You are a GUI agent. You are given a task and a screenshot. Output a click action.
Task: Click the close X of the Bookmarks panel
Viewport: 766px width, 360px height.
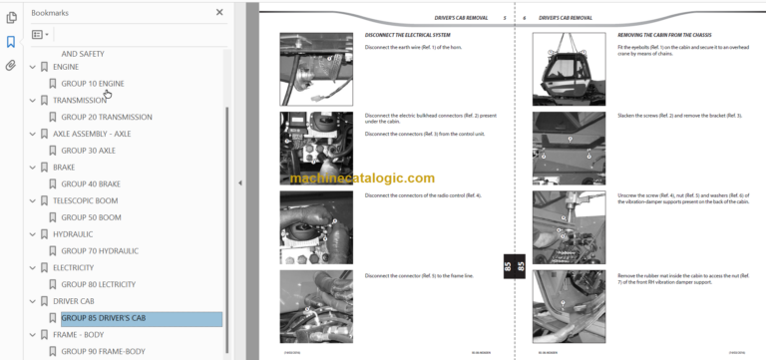click(x=219, y=13)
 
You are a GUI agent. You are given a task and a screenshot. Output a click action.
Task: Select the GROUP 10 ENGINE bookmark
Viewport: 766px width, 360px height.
click(x=93, y=84)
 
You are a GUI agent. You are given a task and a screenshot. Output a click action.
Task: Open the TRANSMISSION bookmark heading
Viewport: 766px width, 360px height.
click(x=79, y=101)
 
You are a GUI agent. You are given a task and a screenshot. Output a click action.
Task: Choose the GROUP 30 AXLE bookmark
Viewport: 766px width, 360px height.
click(x=88, y=151)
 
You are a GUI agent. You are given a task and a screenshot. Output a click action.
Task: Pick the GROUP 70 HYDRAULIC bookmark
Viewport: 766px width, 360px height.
click(x=100, y=251)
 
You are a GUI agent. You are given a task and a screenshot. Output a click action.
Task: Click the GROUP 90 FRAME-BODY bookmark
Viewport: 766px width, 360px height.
click(x=103, y=352)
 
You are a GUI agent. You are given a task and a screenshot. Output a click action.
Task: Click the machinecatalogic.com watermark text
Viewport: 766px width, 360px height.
click(x=362, y=179)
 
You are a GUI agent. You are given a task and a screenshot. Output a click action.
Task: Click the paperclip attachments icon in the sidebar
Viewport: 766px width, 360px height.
click(x=10, y=66)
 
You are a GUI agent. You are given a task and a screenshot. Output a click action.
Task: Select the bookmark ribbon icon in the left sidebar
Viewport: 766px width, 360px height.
click(x=10, y=42)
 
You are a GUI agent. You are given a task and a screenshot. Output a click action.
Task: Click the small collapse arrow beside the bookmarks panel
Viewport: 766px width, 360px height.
click(x=238, y=182)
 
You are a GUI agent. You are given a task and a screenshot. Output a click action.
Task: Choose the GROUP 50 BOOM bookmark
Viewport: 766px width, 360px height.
click(x=91, y=217)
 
